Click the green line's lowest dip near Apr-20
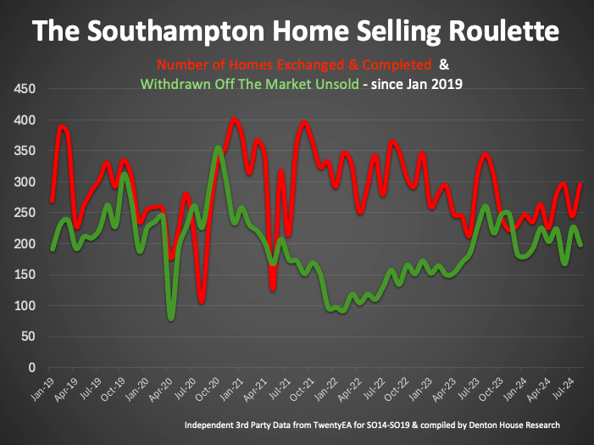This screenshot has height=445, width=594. (x=172, y=319)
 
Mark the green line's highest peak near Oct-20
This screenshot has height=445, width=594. (x=219, y=148)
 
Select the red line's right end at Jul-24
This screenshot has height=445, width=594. (x=580, y=184)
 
